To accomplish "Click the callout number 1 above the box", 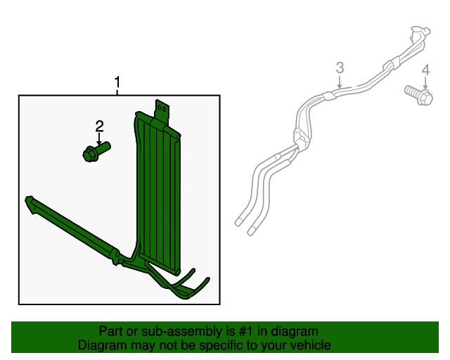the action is [x=117, y=82].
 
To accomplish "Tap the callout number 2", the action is [x=99, y=126].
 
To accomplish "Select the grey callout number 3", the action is [x=340, y=67].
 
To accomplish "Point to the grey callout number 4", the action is [x=425, y=70].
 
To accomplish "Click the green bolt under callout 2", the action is [x=97, y=152].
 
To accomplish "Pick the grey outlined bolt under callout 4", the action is [x=419, y=96].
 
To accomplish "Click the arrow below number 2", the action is [x=99, y=139].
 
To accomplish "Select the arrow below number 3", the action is [x=340, y=82].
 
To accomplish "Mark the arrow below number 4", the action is [x=425, y=83].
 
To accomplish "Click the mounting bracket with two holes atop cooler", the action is [x=162, y=110].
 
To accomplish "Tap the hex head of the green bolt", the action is [x=90, y=155].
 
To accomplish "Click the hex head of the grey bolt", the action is [x=425, y=98].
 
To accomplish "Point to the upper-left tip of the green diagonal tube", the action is [x=28, y=198].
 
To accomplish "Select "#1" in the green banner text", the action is [x=247, y=331].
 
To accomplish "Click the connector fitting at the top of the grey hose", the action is [x=420, y=32].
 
